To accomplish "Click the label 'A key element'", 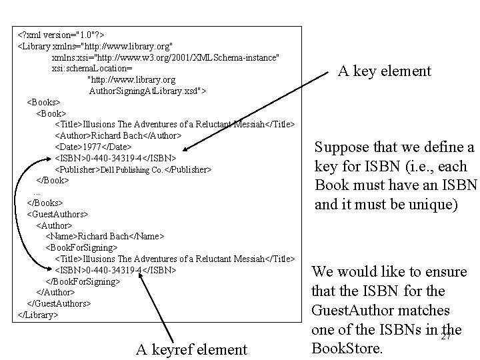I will pyautogui.click(x=384, y=71).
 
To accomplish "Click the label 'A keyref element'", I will pyautogui.click(x=191, y=349).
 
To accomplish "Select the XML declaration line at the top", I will pyautogui.click(x=61, y=34).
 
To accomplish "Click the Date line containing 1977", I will pyautogui.click(x=93, y=147).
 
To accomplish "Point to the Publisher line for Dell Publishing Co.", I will pyautogui.click(x=133, y=170).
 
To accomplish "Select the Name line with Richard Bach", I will pyautogui.click(x=105, y=237).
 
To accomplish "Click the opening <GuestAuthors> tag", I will pyautogui.click(x=57, y=215).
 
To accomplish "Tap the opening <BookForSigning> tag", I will pyautogui.click(x=81, y=248).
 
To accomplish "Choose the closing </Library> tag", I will pyautogui.click(x=37, y=315).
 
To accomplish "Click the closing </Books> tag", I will pyautogui.click(x=45, y=203).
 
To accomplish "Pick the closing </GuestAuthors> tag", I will pyautogui.click(x=59, y=303).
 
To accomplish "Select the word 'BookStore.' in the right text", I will pyautogui.click(x=346, y=348).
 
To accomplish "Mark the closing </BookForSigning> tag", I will pyautogui.click(x=83, y=281).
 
